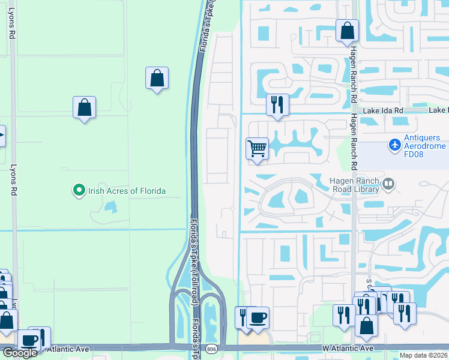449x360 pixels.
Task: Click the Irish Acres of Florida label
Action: pyautogui.click(x=127, y=191)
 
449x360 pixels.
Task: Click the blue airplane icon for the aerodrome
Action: pyautogui.click(x=394, y=145)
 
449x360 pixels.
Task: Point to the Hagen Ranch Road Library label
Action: pyautogui.click(x=355, y=185)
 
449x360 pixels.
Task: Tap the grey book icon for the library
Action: pyautogui.click(x=388, y=184)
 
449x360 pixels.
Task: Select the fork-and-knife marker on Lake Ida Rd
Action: pyautogui.click(x=277, y=104)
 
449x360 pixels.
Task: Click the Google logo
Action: pyautogui.click(x=20, y=353)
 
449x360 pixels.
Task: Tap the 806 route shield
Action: pyautogui.click(x=211, y=349)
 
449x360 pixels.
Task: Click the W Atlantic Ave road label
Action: pyautogui.click(x=348, y=348)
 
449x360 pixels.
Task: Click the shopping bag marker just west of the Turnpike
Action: pyautogui.click(x=157, y=78)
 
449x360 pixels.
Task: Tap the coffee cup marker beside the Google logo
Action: pyautogui.click(x=28, y=341)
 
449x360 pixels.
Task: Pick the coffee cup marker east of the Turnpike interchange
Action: pyautogui.click(x=258, y=317)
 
